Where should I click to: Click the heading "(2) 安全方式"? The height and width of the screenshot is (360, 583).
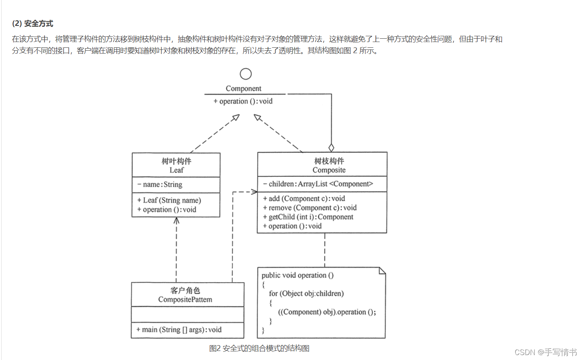[33, 23]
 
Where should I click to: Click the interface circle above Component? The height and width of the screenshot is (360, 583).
[246, 74]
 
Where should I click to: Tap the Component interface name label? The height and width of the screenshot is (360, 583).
[243, 89]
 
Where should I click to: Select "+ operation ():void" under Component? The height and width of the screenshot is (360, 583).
[243, 101]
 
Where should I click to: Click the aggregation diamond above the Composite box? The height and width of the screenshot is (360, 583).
[331, 147]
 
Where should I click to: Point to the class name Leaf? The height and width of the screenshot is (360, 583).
[176, 170]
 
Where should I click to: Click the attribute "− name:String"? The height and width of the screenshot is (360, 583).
[160, 185]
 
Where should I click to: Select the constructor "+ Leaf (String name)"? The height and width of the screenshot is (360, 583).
[169, 200]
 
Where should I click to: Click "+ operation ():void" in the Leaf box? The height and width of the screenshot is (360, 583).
[166, 210]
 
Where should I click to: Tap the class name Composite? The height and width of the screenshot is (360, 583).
[329, 170]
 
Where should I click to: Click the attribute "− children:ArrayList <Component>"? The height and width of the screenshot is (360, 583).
[318, 184]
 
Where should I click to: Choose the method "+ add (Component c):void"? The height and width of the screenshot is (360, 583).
[304, 199]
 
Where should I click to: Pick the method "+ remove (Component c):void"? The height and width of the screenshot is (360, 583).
[309, 208]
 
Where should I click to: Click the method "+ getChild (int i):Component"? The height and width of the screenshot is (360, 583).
[308, 217]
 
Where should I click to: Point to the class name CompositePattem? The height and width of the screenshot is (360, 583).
[185, 299]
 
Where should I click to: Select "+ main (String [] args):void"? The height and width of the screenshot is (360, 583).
[179, 330]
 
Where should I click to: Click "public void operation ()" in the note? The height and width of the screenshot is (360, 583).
[297, 275]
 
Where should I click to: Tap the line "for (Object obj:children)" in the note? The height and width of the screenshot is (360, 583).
[306, 293]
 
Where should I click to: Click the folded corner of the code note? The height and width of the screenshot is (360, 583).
[382, 271]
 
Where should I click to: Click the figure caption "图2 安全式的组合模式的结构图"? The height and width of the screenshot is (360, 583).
[259, 348]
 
